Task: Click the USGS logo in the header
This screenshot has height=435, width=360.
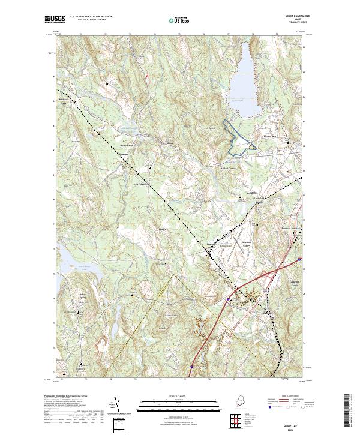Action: tap(53, 20)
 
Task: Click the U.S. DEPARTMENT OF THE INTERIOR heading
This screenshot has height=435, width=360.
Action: tap(90, 17)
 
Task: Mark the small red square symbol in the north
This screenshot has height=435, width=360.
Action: tap(146, 76)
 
